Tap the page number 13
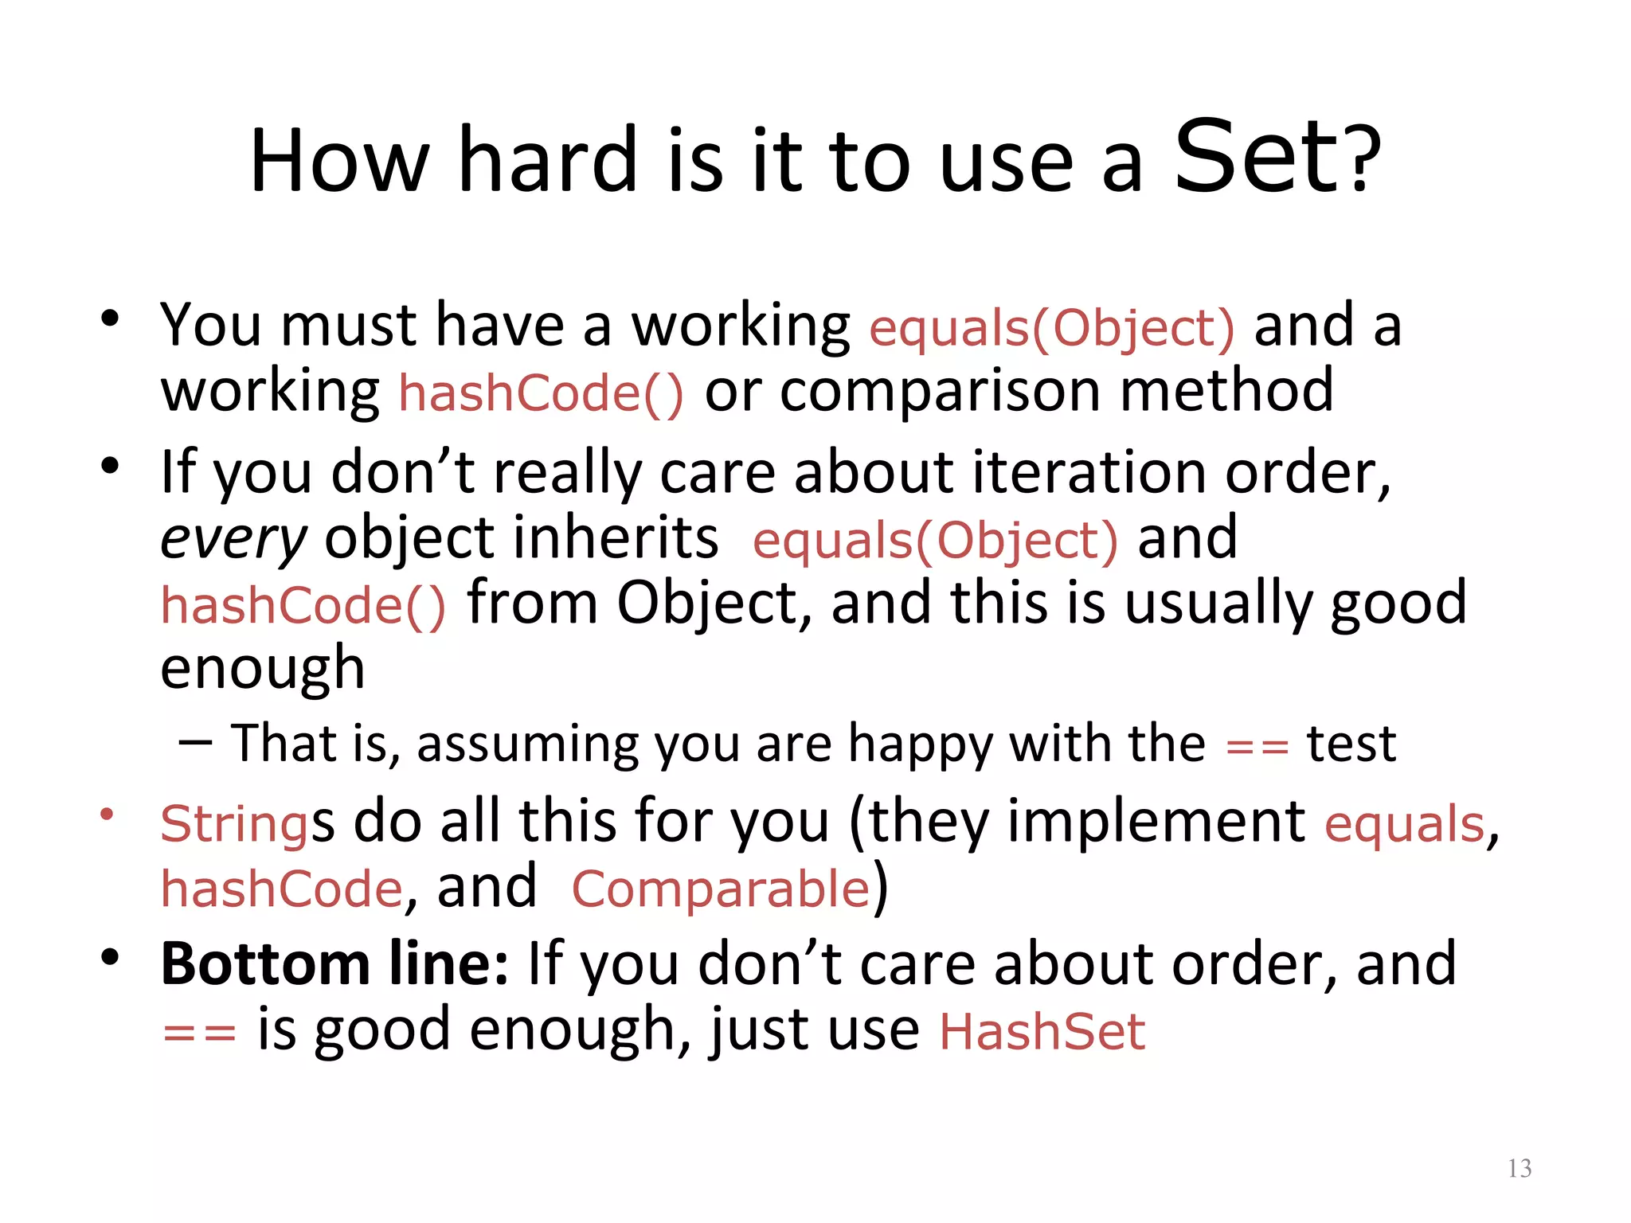pyautogui.click(x=1520, y=1168)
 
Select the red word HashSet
pyautogui.click(x=1042, y=1032)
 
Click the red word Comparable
pyautogui.click(x=721, y=889)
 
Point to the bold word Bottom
pyautogui.click(x=265, y=964)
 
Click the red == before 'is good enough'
pyautogui.click(x=199, y=1033)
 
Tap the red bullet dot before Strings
pyautogui.click(x=108, y=815)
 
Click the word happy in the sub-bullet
pyautogui.click(x=920, y=745)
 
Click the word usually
pyautogui.click(x=1217, y=604)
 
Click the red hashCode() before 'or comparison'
pyautogui.click(x=541, y=393)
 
